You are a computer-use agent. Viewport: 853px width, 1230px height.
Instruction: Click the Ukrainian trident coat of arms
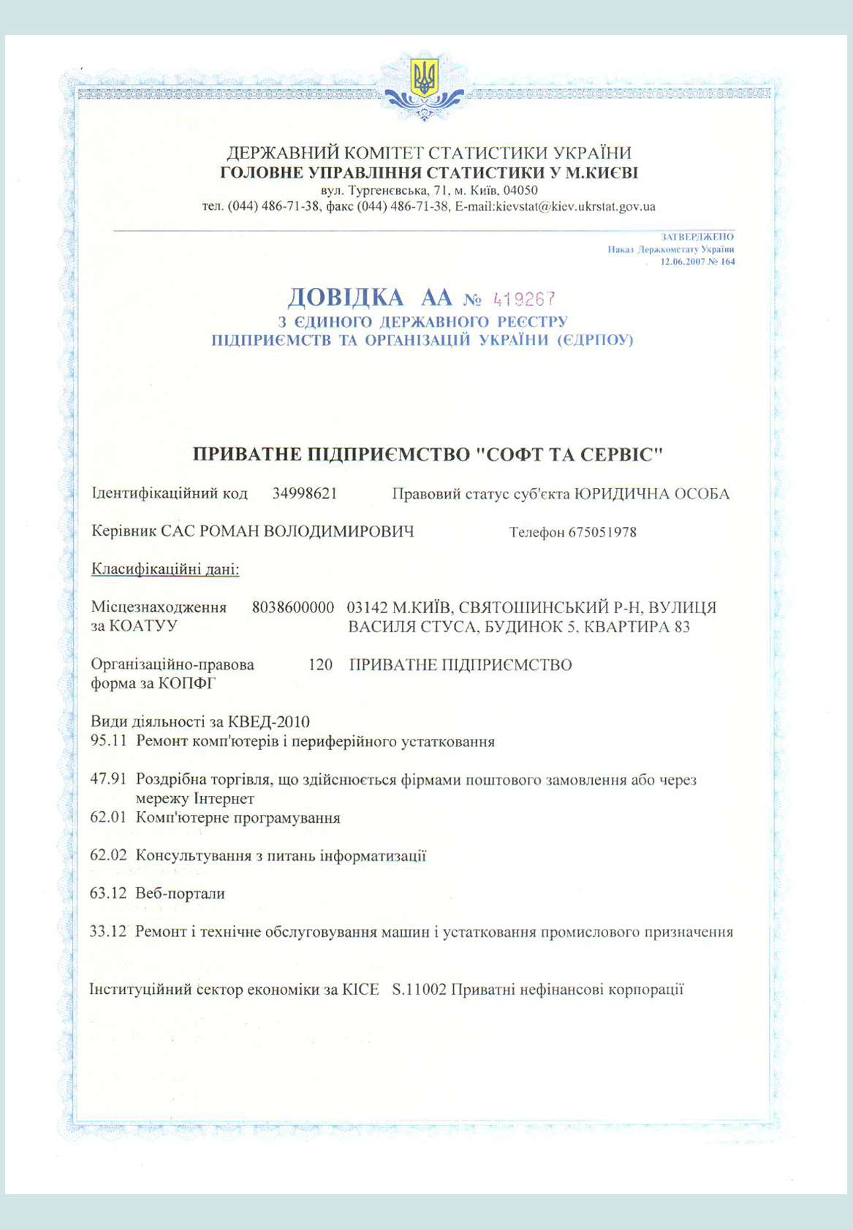(x=425, y=77)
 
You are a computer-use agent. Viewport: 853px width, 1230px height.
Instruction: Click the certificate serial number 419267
(x=525, y=299)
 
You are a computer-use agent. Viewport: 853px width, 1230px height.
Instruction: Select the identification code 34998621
(x=305, y=493)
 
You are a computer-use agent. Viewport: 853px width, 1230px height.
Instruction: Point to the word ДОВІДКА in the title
(x=346, y=297)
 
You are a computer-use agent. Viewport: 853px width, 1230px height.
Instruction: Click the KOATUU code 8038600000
(x=293, y=607)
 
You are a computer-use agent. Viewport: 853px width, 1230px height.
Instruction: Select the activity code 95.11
(x=109, y=741)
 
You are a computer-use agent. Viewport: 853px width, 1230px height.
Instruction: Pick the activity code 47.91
(x=109, y=780)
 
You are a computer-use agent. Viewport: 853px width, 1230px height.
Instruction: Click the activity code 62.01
(x=109, y=817)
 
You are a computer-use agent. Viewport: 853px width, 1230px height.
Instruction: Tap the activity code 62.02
(x=109, y=855)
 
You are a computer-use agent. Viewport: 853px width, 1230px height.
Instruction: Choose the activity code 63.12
(x=109, y=893)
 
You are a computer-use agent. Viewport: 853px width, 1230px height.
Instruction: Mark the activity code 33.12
(x=109, y=932)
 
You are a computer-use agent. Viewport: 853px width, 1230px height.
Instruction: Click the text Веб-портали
(x=181, y=893)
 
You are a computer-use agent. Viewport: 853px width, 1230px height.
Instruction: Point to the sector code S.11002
(x=419, y=990)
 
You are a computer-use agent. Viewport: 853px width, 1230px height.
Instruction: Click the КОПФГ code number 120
(x=320, y=665)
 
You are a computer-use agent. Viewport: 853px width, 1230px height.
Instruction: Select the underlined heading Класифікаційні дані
(x=165, y=569)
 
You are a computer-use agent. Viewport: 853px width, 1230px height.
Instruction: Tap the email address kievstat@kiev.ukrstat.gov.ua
(x=575, y=207)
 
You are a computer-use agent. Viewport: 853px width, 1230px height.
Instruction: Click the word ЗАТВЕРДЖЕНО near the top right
(x=697, y=237)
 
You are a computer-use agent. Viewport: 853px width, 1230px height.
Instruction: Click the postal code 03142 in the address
(x=368, y=607)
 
